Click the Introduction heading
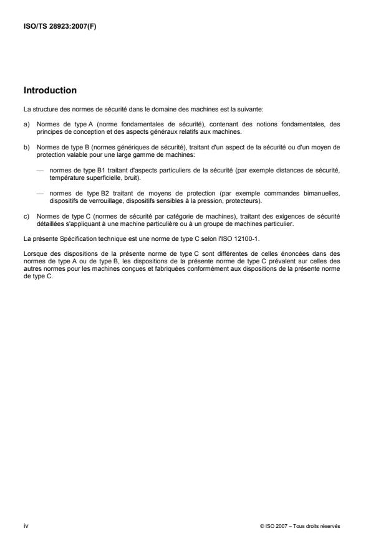click(x=50, y=90)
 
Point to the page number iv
click(x=26, y=525)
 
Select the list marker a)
click(x=27, y=124)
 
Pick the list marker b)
click(x=27, y=146)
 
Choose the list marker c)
click(x=27, y=215)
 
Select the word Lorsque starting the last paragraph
click(x=35, y=248)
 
